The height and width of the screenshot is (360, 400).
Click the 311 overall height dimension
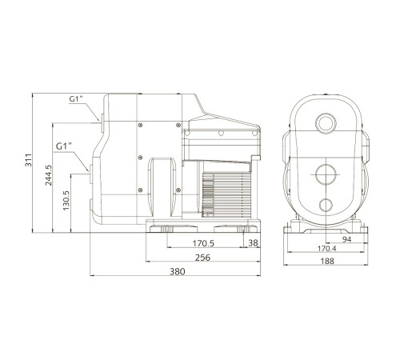click(28, 160)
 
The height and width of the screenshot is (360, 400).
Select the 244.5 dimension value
click(49, 175)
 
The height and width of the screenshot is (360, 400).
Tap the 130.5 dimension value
click(66, 200)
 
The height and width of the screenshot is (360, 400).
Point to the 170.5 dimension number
click(203, 243)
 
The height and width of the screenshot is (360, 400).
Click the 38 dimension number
click(253, 242)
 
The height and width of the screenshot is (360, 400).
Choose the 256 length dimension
click(202, 258)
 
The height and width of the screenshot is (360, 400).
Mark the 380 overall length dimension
click(178, 272)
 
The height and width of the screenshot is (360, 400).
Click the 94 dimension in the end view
click(346, 239)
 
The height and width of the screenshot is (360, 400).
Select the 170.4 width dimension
click(327, 249)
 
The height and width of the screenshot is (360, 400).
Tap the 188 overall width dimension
click(327, 261)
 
